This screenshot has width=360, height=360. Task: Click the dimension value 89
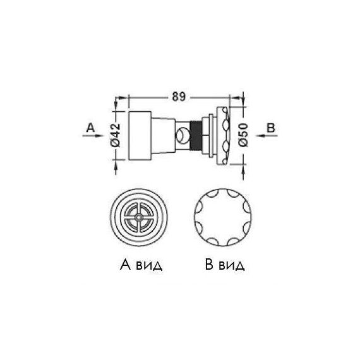tap(179, 97)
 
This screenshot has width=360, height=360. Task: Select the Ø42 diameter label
tap(115, 135)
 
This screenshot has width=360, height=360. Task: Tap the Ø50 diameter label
tap(243, 135)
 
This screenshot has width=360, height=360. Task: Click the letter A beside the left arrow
tap(90, 128)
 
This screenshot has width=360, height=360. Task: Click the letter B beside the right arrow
tap(271, 128)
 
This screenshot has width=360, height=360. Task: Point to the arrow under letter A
tap(93, 136)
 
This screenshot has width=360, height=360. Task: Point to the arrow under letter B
tap(267, 136)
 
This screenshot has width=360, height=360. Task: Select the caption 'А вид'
tap(141, 265)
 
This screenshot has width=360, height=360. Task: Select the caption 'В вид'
tap(225, 265)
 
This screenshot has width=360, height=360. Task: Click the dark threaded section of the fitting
tap(196, 135)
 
